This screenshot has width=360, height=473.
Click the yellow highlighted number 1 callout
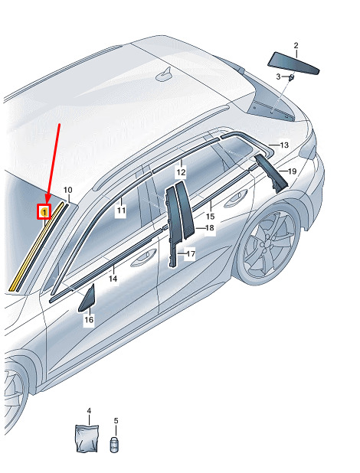point(44,212)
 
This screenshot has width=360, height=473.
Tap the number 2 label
point(296,46)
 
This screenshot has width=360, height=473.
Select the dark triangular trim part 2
point(293,63)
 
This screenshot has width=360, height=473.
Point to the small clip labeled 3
point(291,77)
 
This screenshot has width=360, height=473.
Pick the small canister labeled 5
point(114,445)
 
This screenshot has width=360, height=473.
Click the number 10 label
point(68,190)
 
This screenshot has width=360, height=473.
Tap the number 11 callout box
point(121,210)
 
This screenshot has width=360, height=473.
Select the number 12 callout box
point(181,172)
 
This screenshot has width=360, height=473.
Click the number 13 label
point(284,145)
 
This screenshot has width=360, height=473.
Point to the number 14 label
point(113,279)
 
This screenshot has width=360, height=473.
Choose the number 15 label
point(210,217)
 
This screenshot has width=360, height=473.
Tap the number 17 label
point(191,254)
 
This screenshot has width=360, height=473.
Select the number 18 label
point(210,228)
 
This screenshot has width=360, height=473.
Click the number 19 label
point(293,171)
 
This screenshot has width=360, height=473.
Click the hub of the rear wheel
point(267,242)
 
